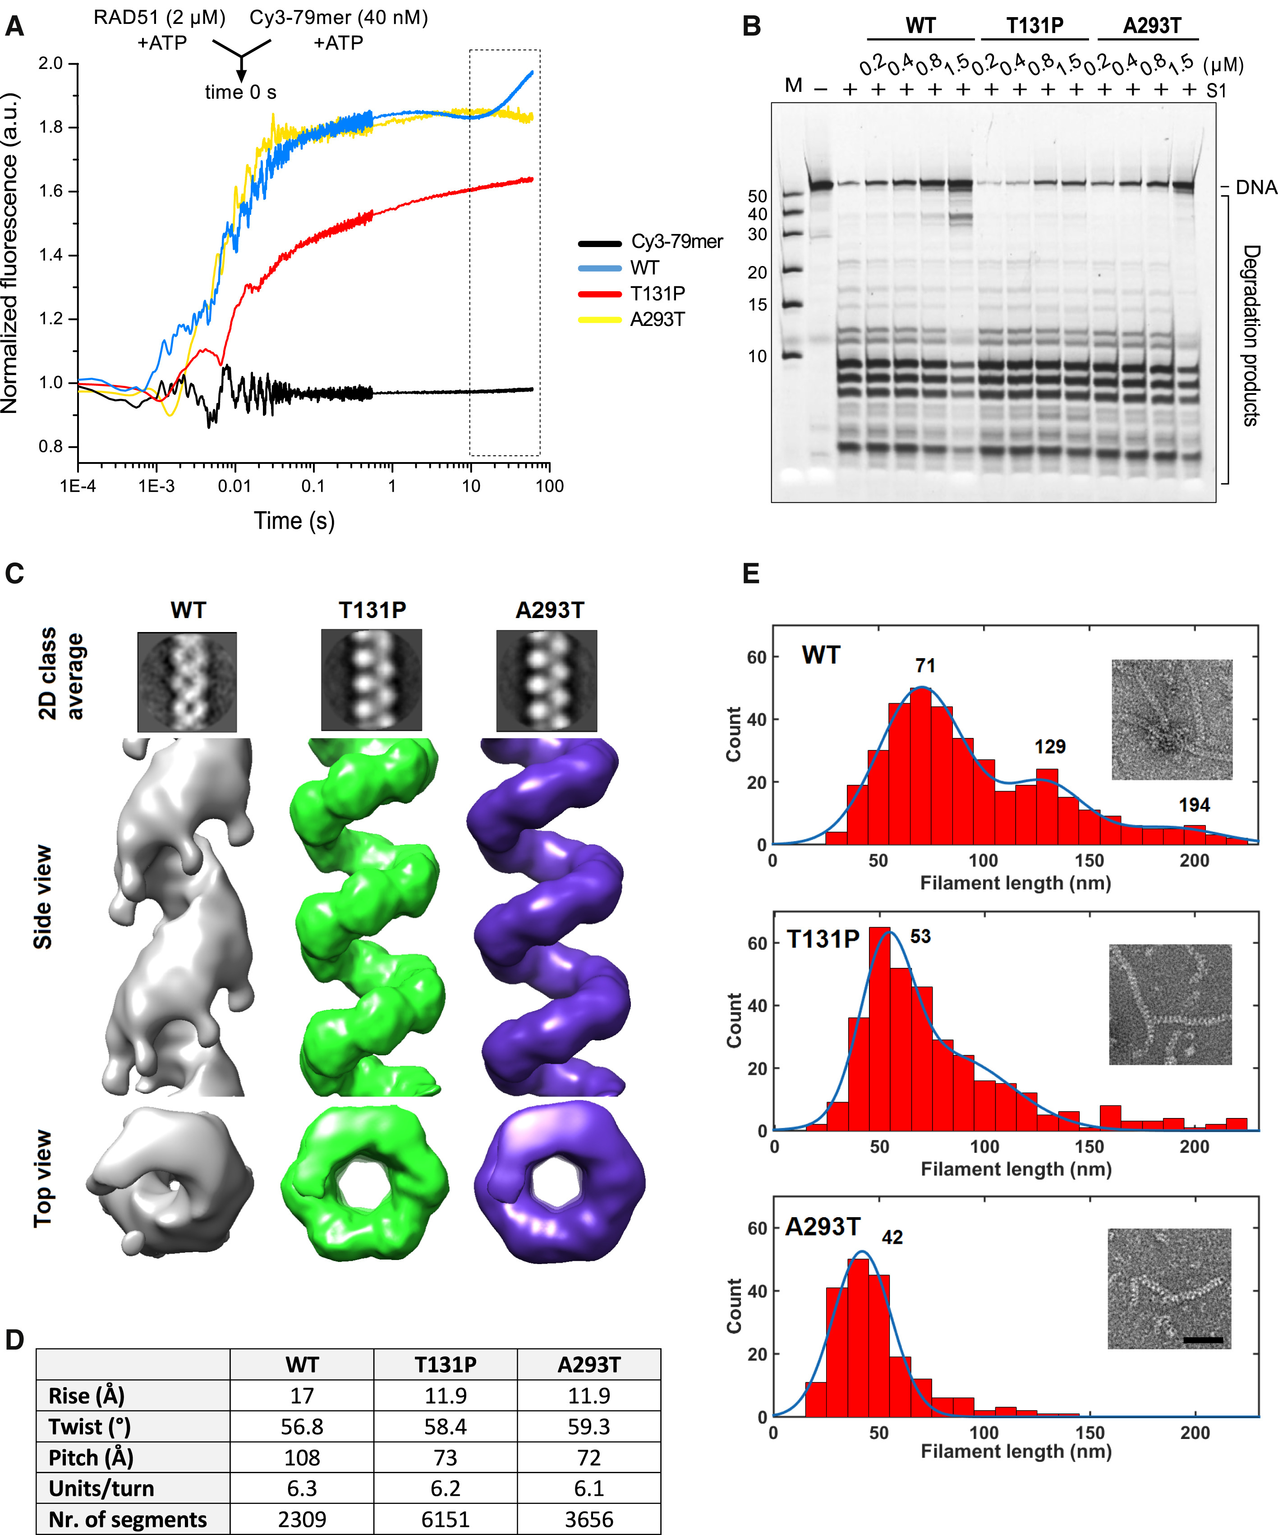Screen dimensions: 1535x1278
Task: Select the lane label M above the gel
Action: [x=793, y=86]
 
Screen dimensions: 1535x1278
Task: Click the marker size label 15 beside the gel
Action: [x=758, y=305]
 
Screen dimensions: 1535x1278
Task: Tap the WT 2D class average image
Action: [x=187, y=682]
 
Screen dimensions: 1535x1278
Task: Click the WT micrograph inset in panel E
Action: [x=1171, y=719]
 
